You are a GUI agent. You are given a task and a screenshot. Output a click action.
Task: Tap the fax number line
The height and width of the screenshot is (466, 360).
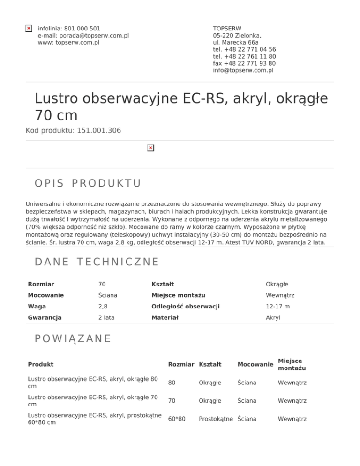coord(244,63)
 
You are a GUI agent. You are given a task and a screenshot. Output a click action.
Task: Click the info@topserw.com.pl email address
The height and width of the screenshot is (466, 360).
coord(243,70)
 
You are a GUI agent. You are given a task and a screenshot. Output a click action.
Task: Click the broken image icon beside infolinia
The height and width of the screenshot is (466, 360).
coord(29,29)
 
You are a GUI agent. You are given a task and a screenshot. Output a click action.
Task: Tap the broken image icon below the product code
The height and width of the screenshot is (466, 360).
coord(150,148)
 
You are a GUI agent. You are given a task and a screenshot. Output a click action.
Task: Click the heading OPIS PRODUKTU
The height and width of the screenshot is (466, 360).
coord(88,183)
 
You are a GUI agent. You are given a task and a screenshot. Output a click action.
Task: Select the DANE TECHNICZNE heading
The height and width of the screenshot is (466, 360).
coord(97,262)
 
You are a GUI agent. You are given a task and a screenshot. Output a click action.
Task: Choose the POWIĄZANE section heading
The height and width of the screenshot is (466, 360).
coord(73,338)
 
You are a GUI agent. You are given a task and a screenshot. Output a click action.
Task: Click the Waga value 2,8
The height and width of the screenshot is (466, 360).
coord(103,306)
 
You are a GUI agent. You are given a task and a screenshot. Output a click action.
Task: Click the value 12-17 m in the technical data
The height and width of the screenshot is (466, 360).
coord(278,306)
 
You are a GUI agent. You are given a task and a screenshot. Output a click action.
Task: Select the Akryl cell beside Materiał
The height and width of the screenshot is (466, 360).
coord(273,317)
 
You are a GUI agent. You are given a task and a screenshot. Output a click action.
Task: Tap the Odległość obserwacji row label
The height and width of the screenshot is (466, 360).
coord(185,306)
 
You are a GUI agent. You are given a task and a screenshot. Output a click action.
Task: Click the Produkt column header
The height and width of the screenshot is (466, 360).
coord(40,364)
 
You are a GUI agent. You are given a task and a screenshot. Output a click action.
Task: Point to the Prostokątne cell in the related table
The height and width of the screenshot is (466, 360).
coord(217,419)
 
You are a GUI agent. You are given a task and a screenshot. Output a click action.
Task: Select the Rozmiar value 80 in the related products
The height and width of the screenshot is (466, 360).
coord(172,383)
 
